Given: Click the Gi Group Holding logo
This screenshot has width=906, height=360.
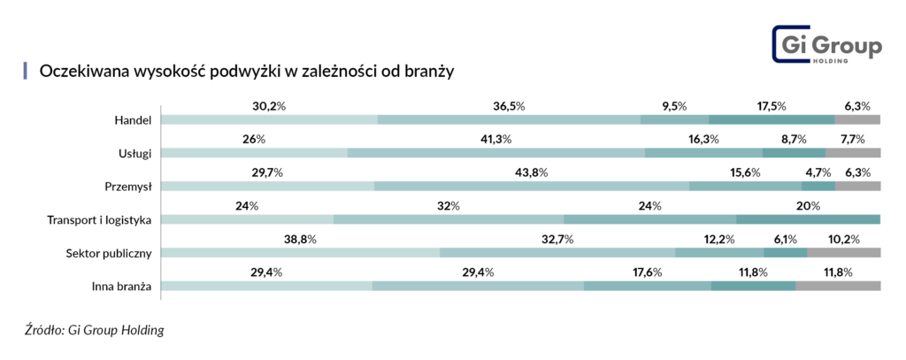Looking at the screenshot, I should click(x=826, y=45).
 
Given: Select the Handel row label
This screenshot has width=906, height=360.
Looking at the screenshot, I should click(x=134, y=119).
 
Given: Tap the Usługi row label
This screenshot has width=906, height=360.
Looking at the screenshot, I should click(x=134, y=153).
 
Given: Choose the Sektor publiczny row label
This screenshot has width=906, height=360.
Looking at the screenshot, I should click(x=110, y=253).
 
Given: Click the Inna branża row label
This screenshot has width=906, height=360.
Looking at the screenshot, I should click(x=122, y=287).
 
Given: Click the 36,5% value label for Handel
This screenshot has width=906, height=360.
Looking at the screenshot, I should click(x=509, y=106).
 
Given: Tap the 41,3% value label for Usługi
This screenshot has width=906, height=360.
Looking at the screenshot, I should click(x=495, y=140).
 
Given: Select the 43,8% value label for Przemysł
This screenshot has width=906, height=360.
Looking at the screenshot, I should click(x=532, y=172).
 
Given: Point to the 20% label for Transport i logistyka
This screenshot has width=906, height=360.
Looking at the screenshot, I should click(x=808, y=206).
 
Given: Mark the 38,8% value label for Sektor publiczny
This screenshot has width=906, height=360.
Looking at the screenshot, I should click(x=301, y=240).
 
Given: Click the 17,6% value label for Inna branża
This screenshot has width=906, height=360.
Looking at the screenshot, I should click(x=647, y=272).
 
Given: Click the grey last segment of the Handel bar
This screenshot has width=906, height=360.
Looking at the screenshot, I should click(x=857, y=119).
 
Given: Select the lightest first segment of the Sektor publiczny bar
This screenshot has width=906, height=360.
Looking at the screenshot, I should click(x=301, y=253).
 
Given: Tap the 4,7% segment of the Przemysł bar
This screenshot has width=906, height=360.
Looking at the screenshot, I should click(x=818, y=187).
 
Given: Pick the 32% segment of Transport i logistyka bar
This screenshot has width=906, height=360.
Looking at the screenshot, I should click(x=449, y=219).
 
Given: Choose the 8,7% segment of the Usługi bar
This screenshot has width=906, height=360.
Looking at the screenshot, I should click(x=794, y=153).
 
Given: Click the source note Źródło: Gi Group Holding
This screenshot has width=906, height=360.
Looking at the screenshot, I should click(x=95, y=331).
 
